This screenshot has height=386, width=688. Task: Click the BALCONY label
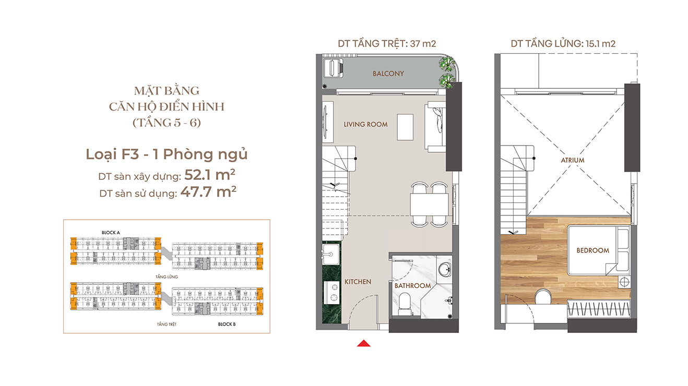tap(388, 74)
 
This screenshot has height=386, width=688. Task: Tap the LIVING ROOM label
tap(365, 124)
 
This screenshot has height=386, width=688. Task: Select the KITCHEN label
tap(358, 282)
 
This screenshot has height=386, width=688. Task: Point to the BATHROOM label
tap(412, 286)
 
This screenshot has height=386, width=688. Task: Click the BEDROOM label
tap(593, 250)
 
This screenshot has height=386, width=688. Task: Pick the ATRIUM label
tap(573, 160)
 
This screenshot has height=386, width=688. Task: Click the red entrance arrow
tap(364, 343)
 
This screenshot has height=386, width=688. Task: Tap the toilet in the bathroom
tap(405, 304)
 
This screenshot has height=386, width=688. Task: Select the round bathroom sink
tap(444, 270)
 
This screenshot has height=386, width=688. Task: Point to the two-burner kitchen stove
tap(331, 293)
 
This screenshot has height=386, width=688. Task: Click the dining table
tap(429, 204)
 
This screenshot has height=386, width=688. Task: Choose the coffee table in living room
tap(405, 127)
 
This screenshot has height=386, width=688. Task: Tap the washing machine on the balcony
tap(333, 68)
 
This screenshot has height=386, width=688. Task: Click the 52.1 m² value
tap(210, 175)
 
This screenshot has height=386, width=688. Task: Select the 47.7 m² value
tap(208, 192)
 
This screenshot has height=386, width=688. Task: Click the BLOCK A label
tap(111, 233)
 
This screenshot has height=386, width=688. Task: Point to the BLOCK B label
tap(227, 324)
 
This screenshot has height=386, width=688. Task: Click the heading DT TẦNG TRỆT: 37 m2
tap(387, 44)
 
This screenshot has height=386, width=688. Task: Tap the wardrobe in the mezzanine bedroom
tap(599, 308)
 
